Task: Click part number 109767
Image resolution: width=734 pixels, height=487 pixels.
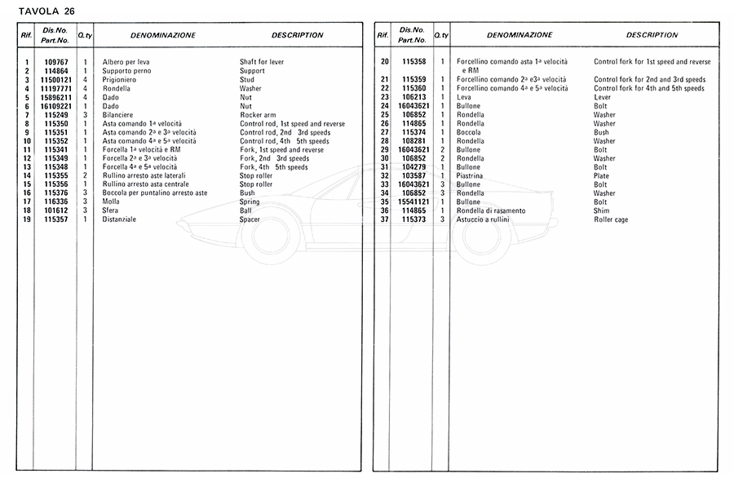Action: [55, 62]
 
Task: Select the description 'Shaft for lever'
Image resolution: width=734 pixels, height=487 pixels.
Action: [262, 62]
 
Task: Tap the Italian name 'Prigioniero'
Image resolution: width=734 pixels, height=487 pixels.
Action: [120, 80]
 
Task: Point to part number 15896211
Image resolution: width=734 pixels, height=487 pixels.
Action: [55, 97]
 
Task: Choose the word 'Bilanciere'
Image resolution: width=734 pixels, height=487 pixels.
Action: [119, 115]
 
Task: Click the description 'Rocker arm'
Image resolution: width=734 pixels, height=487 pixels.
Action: [257, 115]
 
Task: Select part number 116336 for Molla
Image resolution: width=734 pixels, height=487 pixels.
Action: [55, 201]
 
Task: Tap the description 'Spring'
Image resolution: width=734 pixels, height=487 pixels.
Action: [250, 201]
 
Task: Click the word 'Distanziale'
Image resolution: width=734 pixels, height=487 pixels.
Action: [119, 219]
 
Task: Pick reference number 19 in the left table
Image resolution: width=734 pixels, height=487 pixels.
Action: [27, 219]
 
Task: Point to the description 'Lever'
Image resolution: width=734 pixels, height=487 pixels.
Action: [602, 97]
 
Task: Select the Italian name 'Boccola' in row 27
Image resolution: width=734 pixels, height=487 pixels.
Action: [470, 132]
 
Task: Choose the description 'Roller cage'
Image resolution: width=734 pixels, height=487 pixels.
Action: [612, 219]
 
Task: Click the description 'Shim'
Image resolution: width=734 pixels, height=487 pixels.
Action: [602, 210]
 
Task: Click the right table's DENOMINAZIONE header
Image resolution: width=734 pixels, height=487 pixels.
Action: [520, 36]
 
